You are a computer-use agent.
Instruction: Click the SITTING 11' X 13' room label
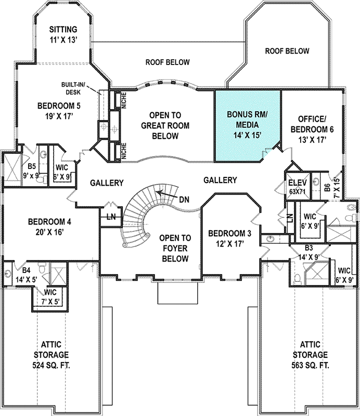(63, 33)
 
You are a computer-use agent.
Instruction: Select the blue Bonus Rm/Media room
(247, 125)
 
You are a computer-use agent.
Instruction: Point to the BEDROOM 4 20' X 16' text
(49, 227)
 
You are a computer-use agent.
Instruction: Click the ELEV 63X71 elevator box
(298, 187)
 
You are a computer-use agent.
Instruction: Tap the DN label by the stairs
(183, 199)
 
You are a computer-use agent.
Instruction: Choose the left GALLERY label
(107, 183)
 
